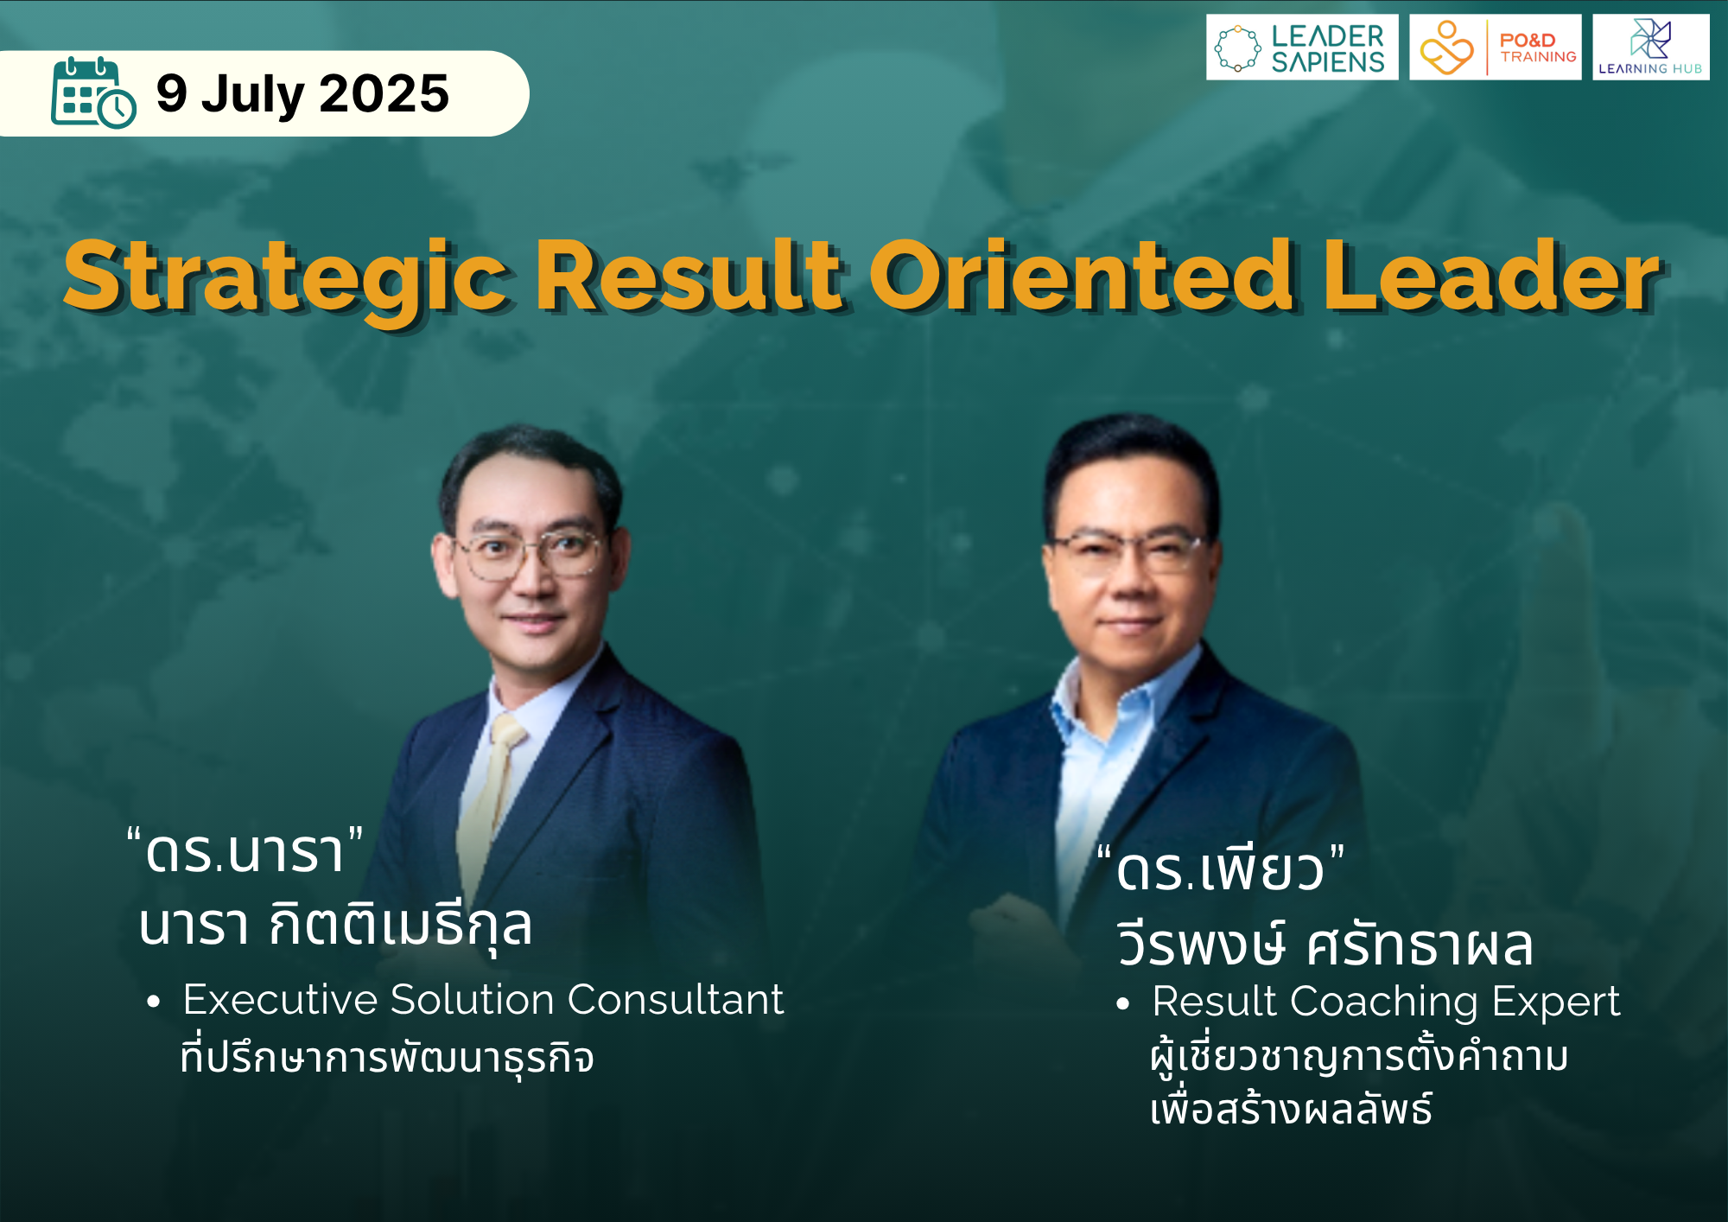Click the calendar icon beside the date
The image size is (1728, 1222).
[x=93, y=92]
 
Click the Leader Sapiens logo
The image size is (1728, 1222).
[x=1302, y=48]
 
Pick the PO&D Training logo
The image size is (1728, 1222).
[x=1496, y=48]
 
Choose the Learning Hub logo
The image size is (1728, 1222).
[x=1651, y=48]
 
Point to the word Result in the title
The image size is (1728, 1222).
[x=689, y=275]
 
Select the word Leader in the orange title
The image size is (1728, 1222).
[x=1491, y=275]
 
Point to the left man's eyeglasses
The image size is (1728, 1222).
[x=529, y=554]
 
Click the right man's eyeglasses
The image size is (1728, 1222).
[x=1128, y=551]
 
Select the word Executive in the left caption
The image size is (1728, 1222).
[x=281, y=1000]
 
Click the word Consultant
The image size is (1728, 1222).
[x=676, y=1000]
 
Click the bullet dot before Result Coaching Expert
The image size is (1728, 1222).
[x=1122, y=1004]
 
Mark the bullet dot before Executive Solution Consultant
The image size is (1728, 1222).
[x=154, y=1002]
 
